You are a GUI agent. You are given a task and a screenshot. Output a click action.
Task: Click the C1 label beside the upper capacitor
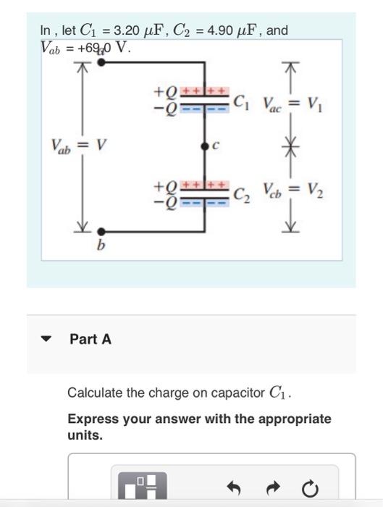(240, 101)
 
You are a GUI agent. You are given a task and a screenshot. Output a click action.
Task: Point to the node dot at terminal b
(101, 233)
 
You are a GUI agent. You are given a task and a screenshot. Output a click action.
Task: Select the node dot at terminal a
(101, 63)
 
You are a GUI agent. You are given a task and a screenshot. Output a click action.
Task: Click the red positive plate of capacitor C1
(205, 92)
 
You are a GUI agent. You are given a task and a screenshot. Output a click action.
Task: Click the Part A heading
(91, 339)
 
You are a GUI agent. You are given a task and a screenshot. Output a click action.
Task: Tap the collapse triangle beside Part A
(48, 339)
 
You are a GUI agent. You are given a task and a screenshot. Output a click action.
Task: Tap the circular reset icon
(310, 490)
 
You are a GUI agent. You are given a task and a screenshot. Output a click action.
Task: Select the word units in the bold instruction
(85, 435)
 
